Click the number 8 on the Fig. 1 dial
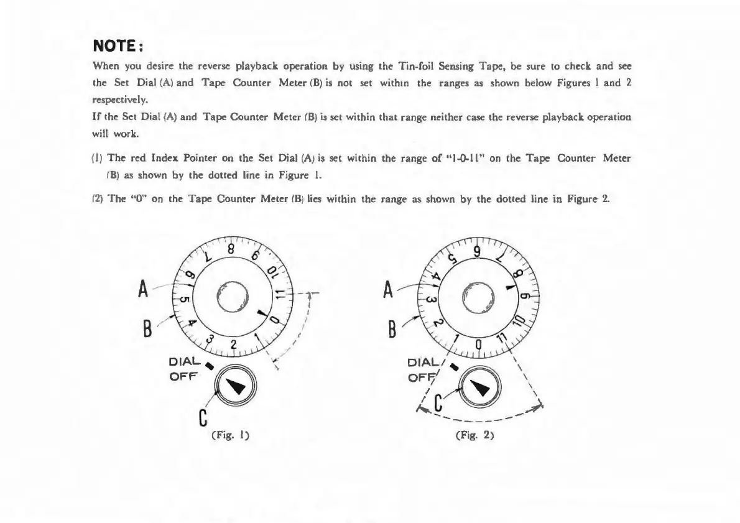click(230, 249)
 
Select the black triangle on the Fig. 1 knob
click(233, 386)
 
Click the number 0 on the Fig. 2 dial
click(478, 345)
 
